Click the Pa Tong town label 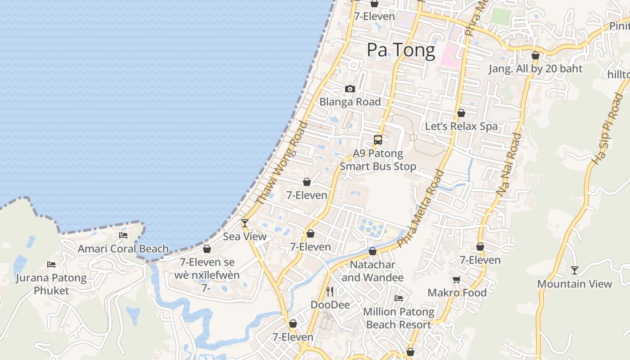(x=400, y=50)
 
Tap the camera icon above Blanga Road (x=350, y=89)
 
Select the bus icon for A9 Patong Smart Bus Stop (x=378, y=139)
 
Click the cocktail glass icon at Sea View (x=244, y=223)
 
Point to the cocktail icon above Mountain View (x=574, y=270)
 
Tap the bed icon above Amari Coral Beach (x=123, y=235)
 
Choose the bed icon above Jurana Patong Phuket (x=51, y=264)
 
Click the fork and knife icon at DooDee (x=330, y=291)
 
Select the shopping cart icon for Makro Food (x=456, y=279)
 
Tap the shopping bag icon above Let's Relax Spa (x=461, y=113)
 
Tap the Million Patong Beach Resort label (x=399, y=318)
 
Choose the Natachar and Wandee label (x=372, y=271)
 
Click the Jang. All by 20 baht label (x=535, y=69)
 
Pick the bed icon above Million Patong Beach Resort (x=398, y=298)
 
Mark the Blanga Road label (x=350, y=102)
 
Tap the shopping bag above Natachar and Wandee (x=372, y=251)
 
